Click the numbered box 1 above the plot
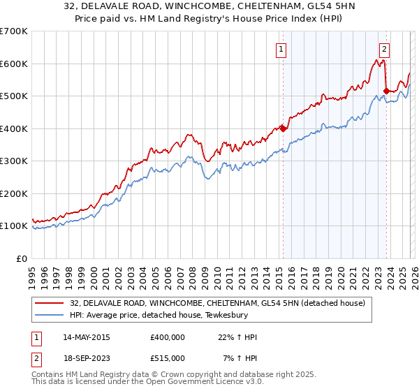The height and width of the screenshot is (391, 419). pos(281,49)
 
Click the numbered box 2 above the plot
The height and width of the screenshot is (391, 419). pos(384,49)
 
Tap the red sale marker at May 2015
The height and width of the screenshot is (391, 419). pos(283,128)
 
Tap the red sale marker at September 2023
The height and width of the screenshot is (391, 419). pos(386,90)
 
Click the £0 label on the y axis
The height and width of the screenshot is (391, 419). pos(22,258)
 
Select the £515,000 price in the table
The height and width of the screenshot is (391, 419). pos(168,358)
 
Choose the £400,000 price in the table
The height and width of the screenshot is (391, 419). pos(168,337)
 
